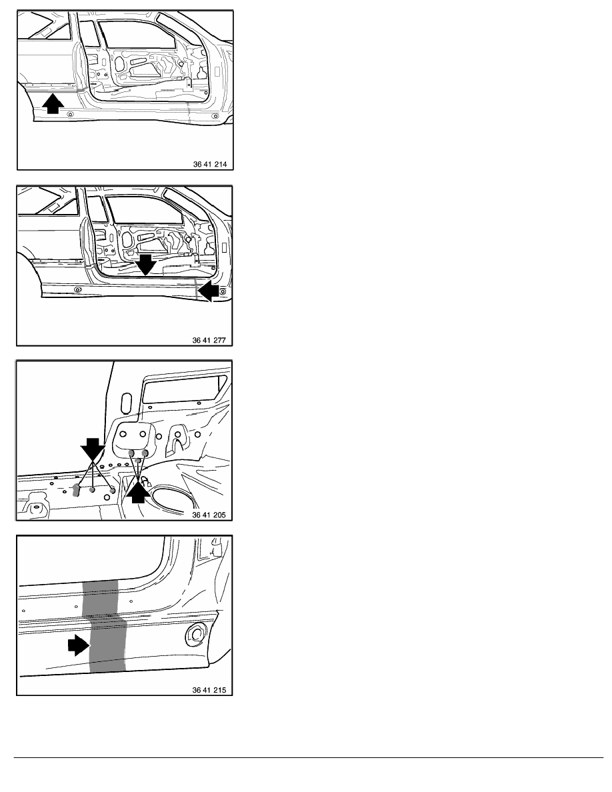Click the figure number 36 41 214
tap(210, 164)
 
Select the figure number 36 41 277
tap(209, 340)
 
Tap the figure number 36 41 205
tap(209, 515)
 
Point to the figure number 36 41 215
tap(209, 690)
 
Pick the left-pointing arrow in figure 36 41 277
tap(208, 291)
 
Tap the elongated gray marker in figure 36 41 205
tap(77, 490)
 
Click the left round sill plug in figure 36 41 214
tap(70, 114)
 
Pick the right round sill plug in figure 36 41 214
tap(215, 116)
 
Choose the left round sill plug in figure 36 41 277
tap(77, 289)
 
